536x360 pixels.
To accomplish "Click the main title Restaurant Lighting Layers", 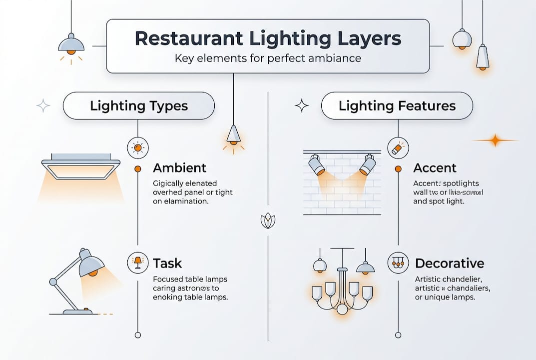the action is (x=268, y=39).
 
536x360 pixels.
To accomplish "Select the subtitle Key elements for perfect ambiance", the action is (x=268, y=58).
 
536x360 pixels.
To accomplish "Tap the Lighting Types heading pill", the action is (x=138, y=106).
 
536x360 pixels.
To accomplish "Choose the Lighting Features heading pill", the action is (x=397, y=106).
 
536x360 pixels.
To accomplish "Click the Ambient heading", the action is (x=179, y=168).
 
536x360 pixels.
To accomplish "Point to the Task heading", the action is (x=167, y=263).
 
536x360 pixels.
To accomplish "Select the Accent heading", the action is (x=435, y=168).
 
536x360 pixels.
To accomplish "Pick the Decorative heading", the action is (x=450, y=263).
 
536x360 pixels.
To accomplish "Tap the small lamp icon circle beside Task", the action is (x=137, y=262).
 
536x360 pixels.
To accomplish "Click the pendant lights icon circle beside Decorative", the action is (x=398, y=262).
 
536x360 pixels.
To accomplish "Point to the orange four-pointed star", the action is (x=495, y=140).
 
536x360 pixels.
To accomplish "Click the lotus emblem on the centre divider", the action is (x=268, y=220).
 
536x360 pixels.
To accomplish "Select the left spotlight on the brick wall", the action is (x=316, y=164).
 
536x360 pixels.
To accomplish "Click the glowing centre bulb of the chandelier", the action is (x=342, y=309).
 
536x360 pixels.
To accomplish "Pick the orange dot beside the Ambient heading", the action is (x=138, y=169).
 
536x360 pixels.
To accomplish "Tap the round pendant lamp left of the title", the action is (x=71, y=44).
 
